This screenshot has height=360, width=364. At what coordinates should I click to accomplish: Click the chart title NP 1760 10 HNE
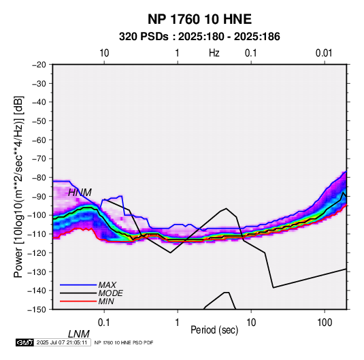click(x=199, y=19)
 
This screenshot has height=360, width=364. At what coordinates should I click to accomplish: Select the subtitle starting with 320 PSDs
click(x=199, y=37)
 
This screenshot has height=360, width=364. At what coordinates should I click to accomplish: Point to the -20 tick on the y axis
click(x=39, y=65)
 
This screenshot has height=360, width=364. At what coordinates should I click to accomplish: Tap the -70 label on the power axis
click(x=39, y=159)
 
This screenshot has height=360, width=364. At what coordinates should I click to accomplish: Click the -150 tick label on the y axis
click(x=37, y=310)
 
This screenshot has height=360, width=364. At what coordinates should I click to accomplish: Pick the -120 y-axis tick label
click(x=37, y=252)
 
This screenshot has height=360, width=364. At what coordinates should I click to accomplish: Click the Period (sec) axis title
click(x=214, y=330)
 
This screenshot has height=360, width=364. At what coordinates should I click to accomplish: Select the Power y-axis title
click(x=18, y=186)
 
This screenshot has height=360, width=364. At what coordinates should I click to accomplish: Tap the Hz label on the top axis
click(x=214, y=53)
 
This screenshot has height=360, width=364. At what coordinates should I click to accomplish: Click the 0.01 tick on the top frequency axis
click(x=324, y=53)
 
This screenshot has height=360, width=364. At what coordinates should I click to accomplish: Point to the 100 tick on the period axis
click(x=325, y=323)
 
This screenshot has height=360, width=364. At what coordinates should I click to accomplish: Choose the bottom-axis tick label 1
click(x=178, y=323)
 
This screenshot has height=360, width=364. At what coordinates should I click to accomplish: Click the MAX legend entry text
click(x=107, y=284)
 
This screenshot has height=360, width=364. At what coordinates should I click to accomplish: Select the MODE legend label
click(x=110, y=293)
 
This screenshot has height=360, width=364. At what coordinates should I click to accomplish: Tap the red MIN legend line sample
click(x=78, y=301)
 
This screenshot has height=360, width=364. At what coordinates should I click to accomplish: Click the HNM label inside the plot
click(x=80, y=193)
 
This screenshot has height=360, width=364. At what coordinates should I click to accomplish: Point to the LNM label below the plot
click(x=79, y=334)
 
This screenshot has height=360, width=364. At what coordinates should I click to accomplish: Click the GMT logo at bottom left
click(x=24, y=342)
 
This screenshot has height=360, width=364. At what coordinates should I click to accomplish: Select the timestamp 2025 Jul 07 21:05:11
click(x=62, y=342)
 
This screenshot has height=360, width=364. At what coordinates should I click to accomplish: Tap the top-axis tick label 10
click(x=104, y=53)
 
